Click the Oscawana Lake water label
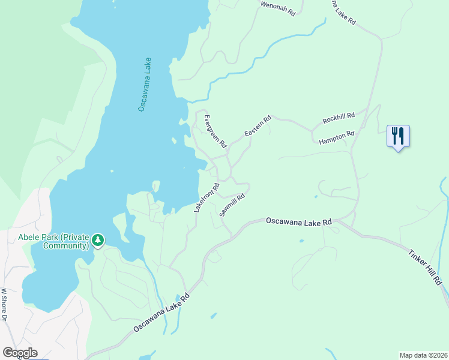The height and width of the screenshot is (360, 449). coord(145,85)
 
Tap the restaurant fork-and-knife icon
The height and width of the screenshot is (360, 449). coord(397,136)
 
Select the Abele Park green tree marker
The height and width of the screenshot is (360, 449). coord(98,241)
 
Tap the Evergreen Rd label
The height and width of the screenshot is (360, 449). coord(215,131)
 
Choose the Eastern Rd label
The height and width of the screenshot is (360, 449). coord(258,125)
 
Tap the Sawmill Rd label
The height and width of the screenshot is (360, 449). coord(232,205)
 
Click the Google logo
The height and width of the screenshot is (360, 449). coord(20,353)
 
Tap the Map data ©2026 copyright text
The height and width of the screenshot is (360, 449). coord(423,355)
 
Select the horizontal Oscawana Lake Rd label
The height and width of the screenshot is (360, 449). coord(299,222)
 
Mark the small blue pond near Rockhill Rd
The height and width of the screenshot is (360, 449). coord(316,196)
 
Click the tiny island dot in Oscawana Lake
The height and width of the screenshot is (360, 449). coord(112,170)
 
